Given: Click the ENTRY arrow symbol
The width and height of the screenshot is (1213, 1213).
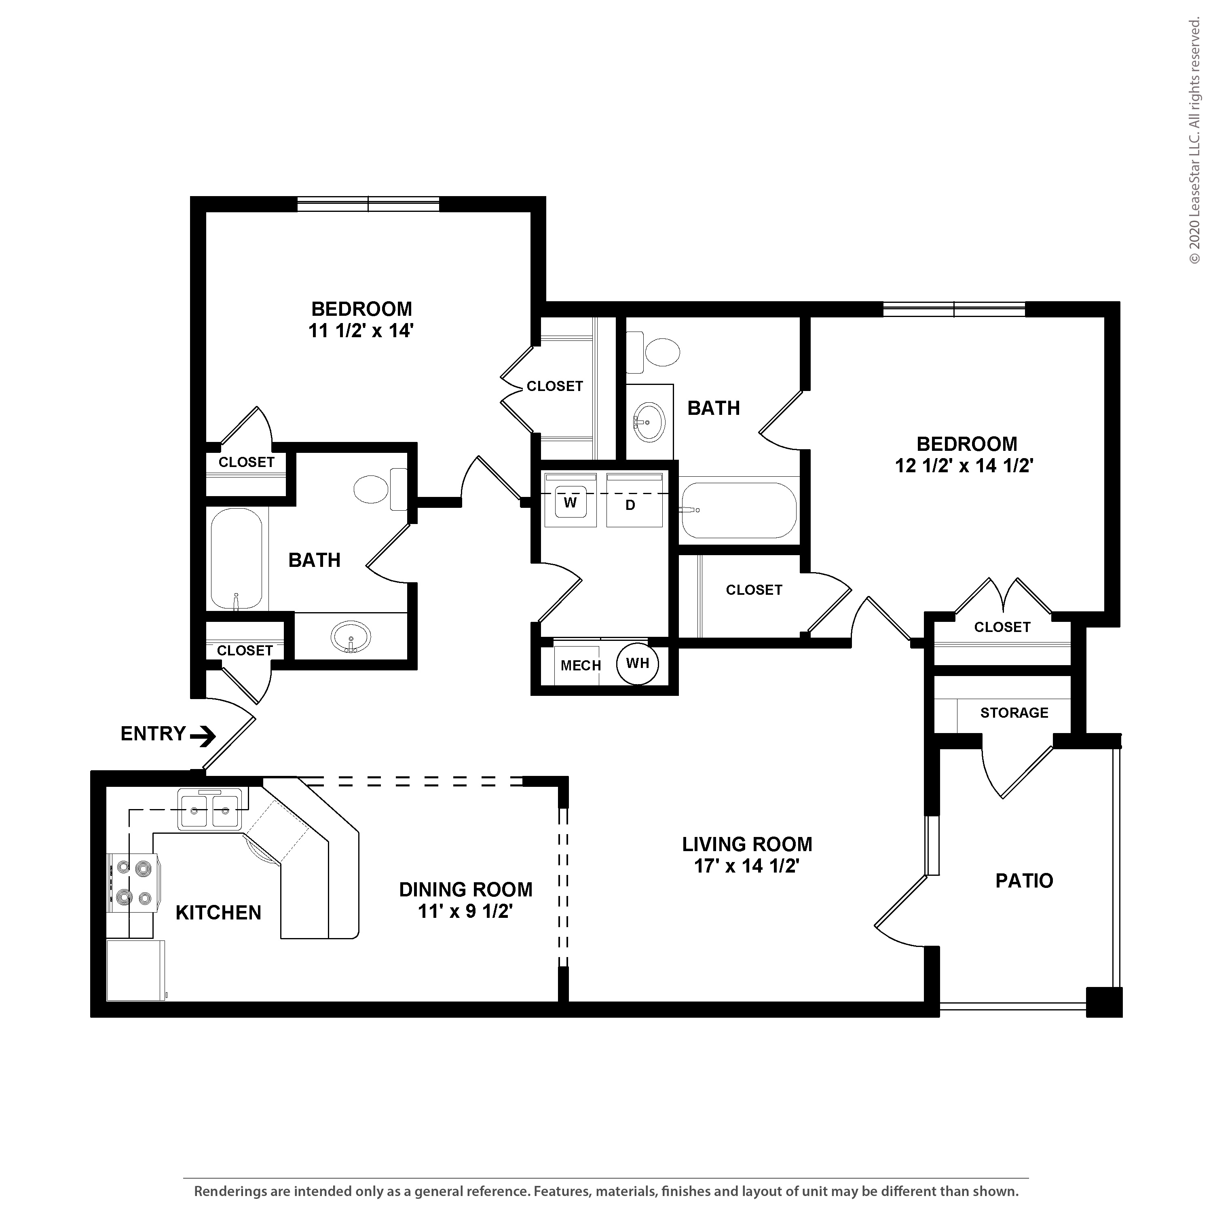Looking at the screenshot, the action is point(203,736).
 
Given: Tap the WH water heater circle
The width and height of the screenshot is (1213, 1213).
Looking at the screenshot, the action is point(637,663).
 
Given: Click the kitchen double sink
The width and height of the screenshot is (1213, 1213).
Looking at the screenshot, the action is point(209,810).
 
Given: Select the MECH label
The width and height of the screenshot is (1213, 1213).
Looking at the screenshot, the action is point(581,666).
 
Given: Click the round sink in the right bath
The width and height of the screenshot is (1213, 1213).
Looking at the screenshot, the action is point(649,421).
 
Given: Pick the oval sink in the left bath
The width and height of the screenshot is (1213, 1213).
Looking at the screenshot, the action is point(350,637).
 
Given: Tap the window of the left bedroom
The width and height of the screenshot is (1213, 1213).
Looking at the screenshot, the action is point(368,204).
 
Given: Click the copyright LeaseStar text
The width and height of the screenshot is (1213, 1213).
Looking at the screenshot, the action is point(1194,141).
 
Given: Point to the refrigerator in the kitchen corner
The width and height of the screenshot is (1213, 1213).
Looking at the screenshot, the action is point(135,970).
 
